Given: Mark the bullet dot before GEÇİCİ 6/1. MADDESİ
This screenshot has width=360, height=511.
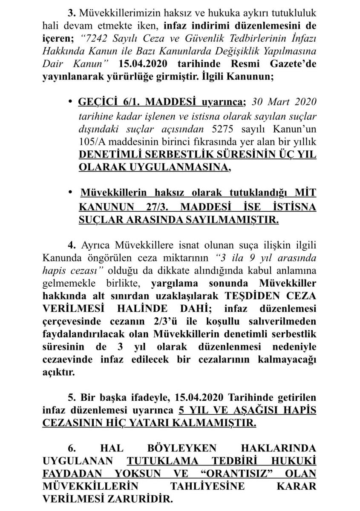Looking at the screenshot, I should (x=71, y=103).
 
